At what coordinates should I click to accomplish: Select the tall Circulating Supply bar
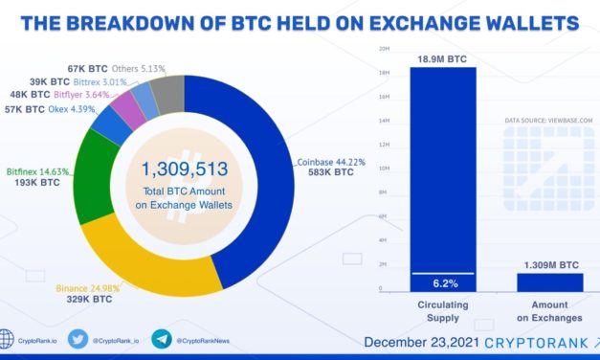coord(443,172)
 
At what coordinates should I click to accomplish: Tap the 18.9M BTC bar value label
coord(443,59)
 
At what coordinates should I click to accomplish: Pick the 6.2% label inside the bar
coord(443,282)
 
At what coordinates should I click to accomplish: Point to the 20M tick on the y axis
coord(385,48)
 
